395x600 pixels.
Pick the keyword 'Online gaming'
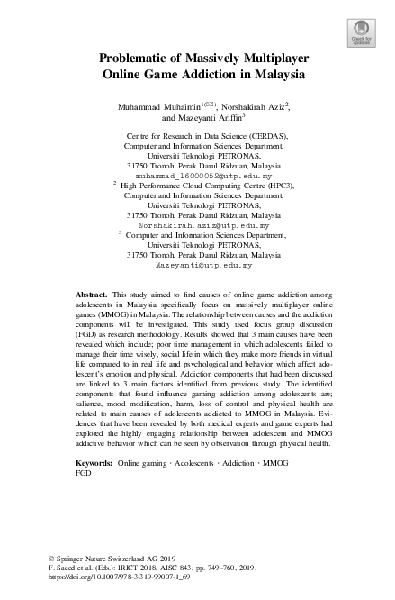pyautogui.click(x=144, y=462)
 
